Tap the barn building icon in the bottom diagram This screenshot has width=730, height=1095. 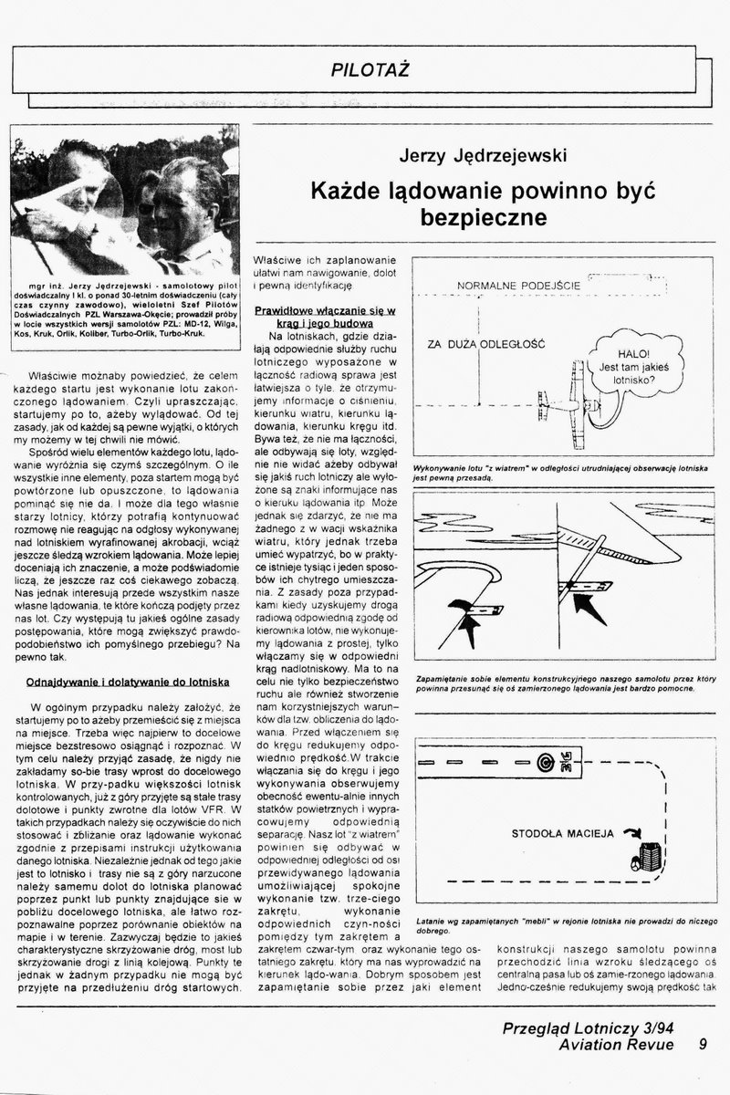[649, 858]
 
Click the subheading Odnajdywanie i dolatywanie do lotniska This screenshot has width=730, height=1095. [128, 682]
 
